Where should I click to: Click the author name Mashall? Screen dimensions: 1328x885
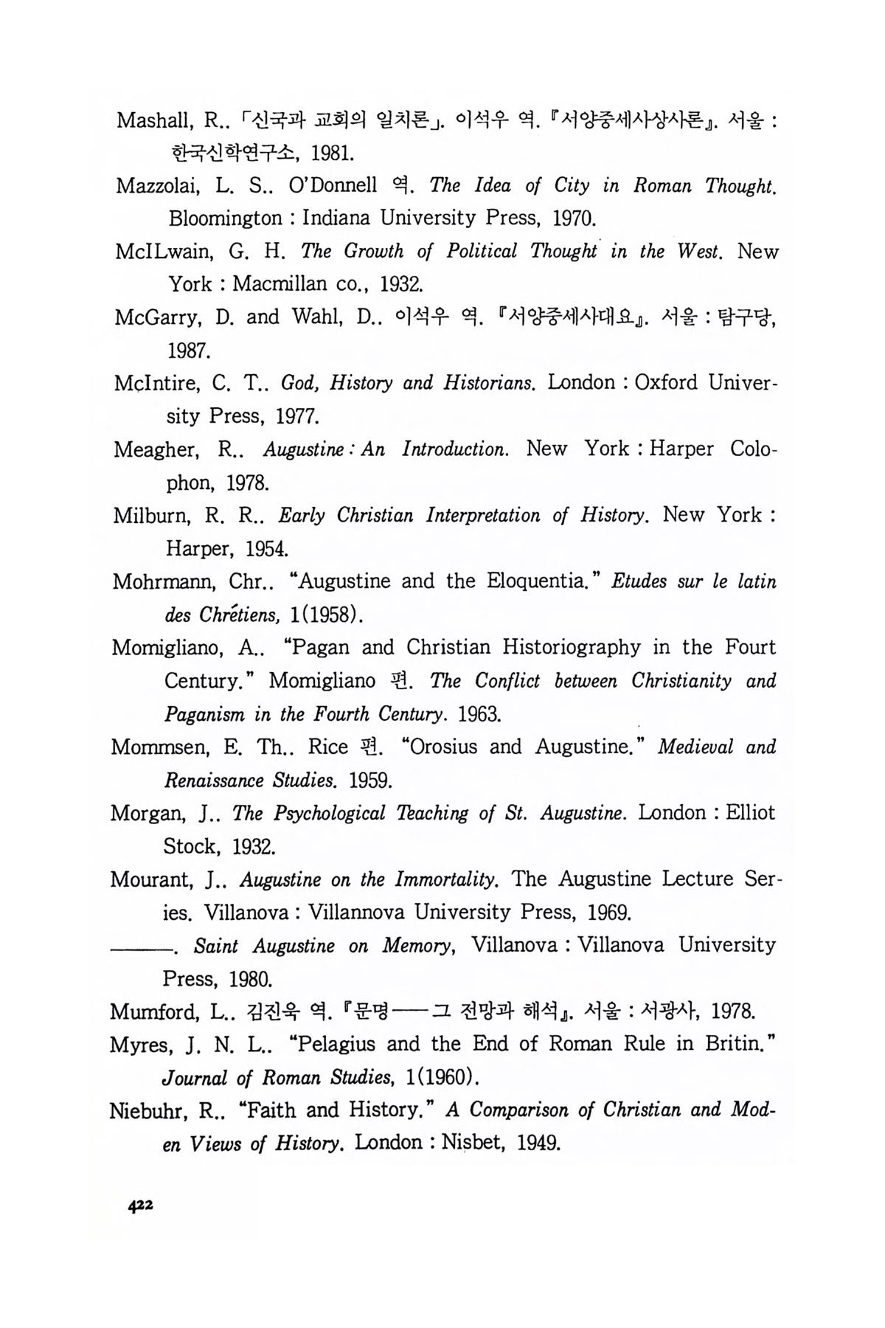(x=151, y=120)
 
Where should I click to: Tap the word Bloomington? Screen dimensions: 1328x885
(x=225, y=218)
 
